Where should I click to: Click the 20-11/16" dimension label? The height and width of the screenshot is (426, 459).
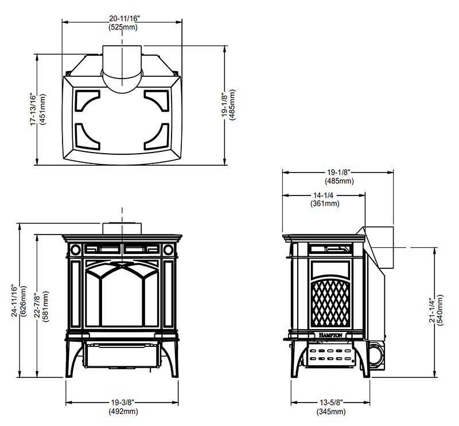pos(125,19)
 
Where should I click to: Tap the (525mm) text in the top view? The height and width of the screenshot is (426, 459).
pos(123,27)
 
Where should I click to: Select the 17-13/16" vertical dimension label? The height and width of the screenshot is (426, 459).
pos(33,110)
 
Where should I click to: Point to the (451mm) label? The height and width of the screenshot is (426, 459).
pos(42,110)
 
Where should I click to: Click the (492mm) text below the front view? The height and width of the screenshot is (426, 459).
pos(123,411)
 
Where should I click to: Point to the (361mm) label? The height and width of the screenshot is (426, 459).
pos(325,204)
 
